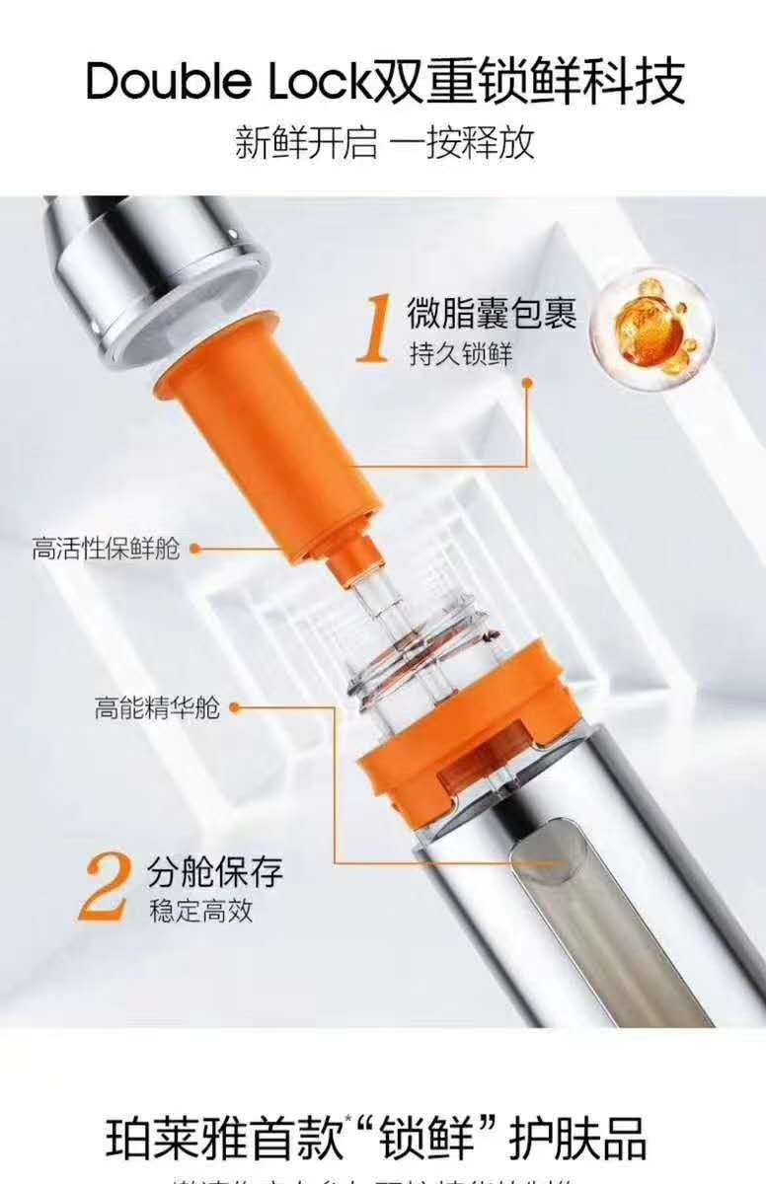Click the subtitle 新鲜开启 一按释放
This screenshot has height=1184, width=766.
pyautogui.click(x=384, y=143)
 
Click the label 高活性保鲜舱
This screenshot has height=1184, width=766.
pyautogui.click(x=106, y=549)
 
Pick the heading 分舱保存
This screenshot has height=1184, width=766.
pyautogui.click(x=216, y=870)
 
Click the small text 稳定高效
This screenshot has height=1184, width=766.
pyautogui.click(x=201, y=911)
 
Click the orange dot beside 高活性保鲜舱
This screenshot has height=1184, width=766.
pyautogui.click(x=195, y=549)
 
